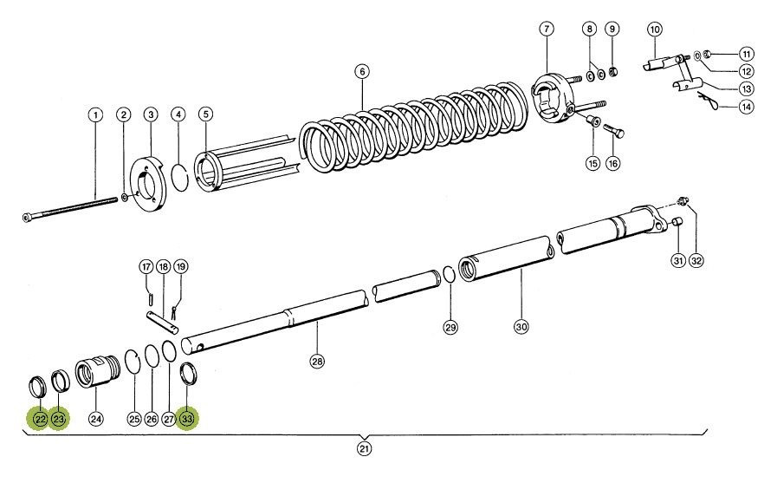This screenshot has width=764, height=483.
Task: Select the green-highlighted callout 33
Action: click(188, 419)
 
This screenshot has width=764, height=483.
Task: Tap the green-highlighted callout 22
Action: click(40, 419)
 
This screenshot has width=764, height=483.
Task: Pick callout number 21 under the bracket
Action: click(365, 448)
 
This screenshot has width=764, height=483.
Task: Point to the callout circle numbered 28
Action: click(317, 362)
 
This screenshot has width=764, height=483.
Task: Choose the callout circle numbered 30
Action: click(521, 327)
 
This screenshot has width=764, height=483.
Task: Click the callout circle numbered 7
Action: click(546, 29)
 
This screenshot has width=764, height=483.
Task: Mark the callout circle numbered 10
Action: click(655, 29)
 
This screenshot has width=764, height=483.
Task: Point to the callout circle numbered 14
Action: click(721, 108)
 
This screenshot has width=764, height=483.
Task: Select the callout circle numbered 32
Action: click(696, 261)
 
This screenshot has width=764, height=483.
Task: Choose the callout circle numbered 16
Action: click(613, 163)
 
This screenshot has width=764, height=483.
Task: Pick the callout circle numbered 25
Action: click(133, 419)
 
